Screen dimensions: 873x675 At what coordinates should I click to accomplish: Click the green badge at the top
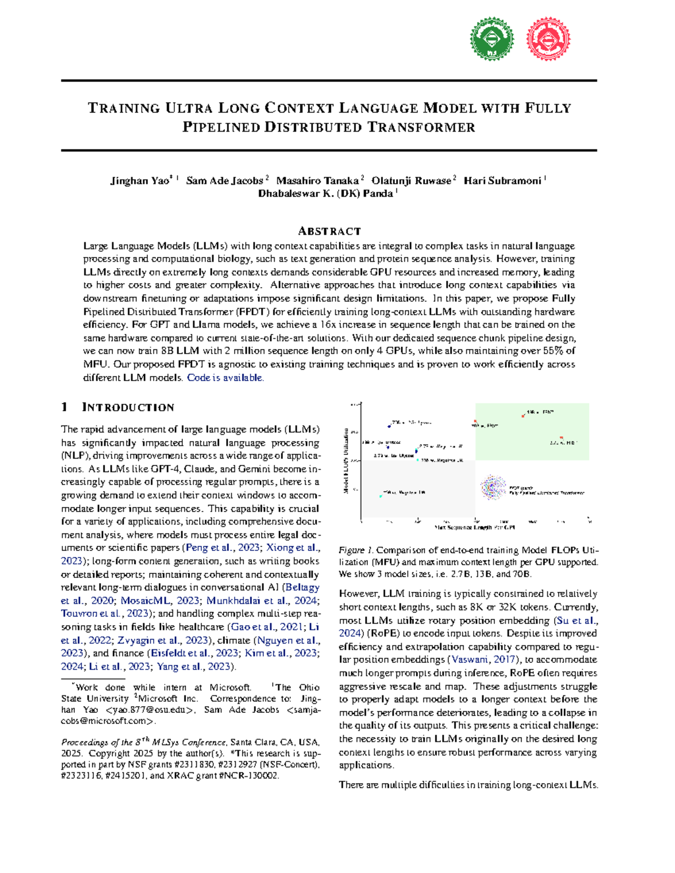(x=492, y=38)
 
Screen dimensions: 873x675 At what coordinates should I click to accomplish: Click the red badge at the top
(x=548, y=38)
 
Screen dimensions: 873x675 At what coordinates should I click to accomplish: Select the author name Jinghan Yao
(x=139, y=180)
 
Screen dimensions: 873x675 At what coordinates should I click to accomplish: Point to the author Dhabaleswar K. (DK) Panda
(x=326, y=193)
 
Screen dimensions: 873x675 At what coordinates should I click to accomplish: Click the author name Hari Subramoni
(x=502, y=180)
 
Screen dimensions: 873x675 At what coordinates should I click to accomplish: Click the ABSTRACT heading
(x=329, y=231)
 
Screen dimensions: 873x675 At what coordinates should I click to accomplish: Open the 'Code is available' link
(x=225, y=378)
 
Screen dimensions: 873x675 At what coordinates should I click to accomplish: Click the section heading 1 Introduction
(x=118, y=407)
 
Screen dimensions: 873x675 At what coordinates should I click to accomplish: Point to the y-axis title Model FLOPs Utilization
(x=346, y=461)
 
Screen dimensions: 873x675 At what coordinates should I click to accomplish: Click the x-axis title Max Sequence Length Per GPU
(x=475, y=527)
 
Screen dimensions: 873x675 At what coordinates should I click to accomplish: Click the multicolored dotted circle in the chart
(x=493, y=487)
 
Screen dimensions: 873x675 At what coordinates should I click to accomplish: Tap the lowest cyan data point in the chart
(x=381, y=496)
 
